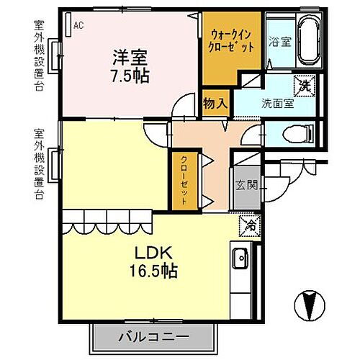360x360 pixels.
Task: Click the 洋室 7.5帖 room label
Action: [130, 66]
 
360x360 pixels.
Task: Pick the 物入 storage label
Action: [215, 102]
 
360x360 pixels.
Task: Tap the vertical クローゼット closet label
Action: [184, 180]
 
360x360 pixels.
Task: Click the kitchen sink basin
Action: [239, 258]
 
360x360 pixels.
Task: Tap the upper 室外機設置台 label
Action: [37, 58]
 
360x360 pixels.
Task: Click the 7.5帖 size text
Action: [130, 76]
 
